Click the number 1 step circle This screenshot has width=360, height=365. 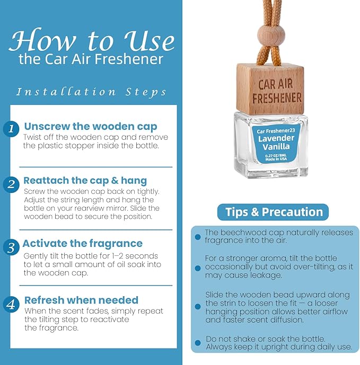point(11,129)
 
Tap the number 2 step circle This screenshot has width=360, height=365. point(11,185)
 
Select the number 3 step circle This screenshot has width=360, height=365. point(11,247)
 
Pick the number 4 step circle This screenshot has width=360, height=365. point(11,305)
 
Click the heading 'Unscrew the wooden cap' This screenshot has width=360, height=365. point(91,127)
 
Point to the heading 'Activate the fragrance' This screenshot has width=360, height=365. point(83,244)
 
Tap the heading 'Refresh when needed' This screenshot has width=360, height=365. point(81,300)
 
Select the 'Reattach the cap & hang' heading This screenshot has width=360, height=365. point(85,181)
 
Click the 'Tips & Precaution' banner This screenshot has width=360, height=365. point(273,212)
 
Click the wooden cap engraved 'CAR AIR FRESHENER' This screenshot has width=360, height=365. point(270,90)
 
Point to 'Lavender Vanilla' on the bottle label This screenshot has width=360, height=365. point(276,142)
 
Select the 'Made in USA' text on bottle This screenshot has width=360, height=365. point(276,159)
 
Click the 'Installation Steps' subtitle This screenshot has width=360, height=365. point(91,92)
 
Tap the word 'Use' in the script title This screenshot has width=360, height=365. point(149,41)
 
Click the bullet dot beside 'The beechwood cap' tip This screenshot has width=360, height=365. point(198,237)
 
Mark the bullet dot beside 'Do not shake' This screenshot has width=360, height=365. point(198,343)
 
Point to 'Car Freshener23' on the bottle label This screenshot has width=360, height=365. point(276,131)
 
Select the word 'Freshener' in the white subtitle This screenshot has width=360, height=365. point(129,59)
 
